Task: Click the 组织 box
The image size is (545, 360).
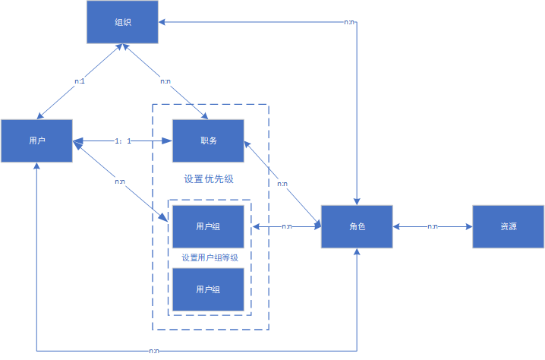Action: [121, 22]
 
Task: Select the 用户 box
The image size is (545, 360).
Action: [36, 141]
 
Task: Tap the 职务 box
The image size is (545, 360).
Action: [209, 141]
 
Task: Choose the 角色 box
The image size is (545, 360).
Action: [357, 226]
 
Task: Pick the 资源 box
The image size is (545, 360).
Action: [509, 226]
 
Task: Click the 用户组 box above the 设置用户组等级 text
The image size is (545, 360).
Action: [209, 226]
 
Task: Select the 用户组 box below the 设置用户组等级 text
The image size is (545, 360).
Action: [209, 289]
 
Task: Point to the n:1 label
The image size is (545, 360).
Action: [79, 81]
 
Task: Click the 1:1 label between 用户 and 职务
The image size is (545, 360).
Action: [123, 141]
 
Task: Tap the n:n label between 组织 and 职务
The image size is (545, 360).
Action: [165, 81]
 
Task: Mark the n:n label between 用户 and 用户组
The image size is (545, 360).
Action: [120, 182]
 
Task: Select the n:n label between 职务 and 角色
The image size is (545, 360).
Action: [282, 184]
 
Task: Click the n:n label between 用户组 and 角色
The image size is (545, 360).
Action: [287, 226]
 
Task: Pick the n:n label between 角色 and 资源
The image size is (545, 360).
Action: [432, 226]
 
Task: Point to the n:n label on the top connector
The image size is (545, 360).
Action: [349, 22]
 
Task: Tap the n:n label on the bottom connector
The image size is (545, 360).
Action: [153, 351]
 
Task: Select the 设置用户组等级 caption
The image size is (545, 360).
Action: [209, 257]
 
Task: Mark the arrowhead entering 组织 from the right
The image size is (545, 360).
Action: [162, 22]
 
